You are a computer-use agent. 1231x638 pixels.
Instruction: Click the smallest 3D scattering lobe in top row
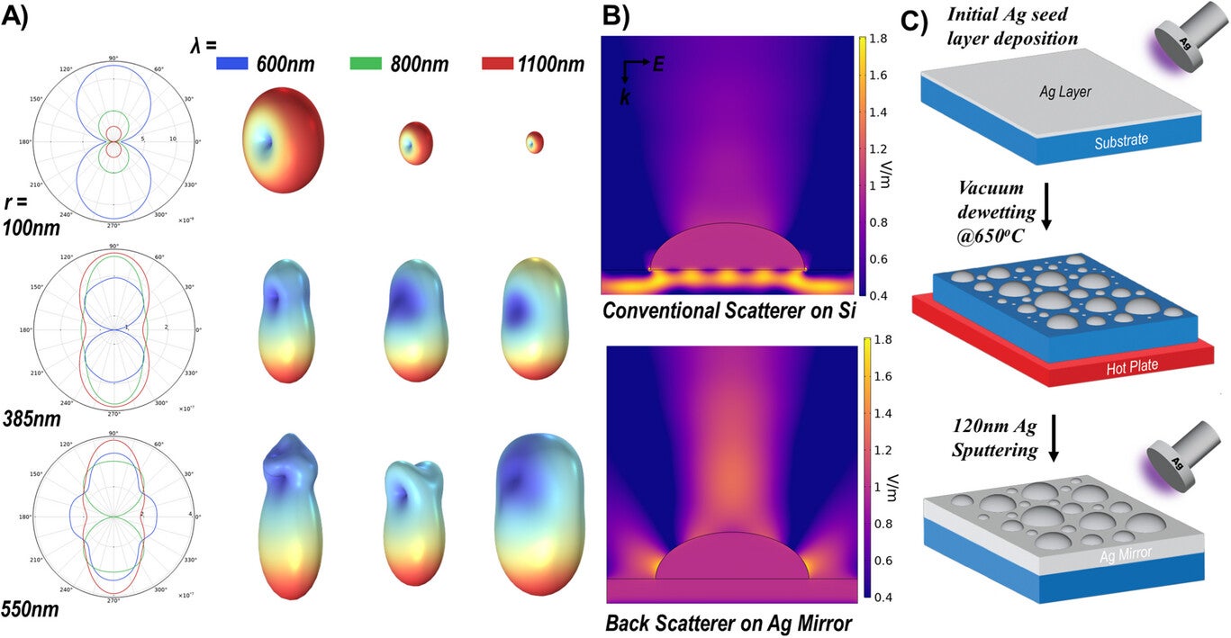point(535,141)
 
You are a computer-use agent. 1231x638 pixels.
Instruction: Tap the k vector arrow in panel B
point(626,83)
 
